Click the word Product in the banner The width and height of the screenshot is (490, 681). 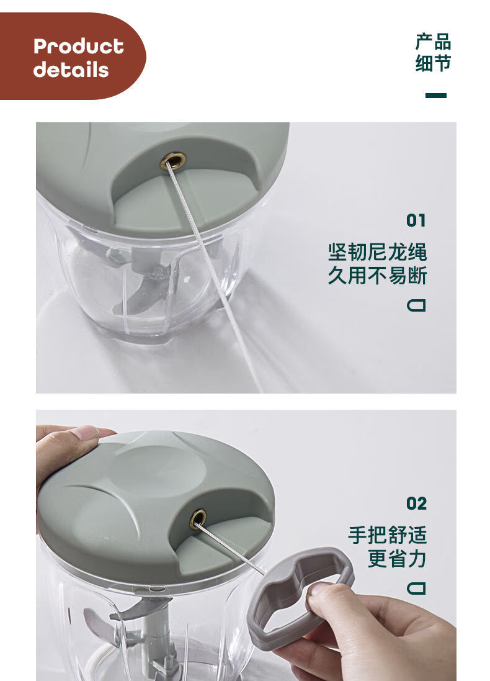point(78,47)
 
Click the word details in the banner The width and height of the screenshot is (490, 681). point(71,70)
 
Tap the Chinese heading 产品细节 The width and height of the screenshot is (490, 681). point(433,53)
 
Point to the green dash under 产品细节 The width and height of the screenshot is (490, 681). point(435,96)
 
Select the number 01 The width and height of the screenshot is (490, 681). point(416,220)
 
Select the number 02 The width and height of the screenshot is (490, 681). point(416,503)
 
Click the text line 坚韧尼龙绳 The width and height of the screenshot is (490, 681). point(377,253)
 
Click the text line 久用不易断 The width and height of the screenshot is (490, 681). point(377,275)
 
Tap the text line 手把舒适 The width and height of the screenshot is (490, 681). point(387,535)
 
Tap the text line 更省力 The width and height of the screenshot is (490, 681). point(397,558)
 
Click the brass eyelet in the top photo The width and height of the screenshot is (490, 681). point(173,161)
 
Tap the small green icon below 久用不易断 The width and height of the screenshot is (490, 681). point(416,305)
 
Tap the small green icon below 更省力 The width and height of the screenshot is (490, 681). point(416,587)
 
